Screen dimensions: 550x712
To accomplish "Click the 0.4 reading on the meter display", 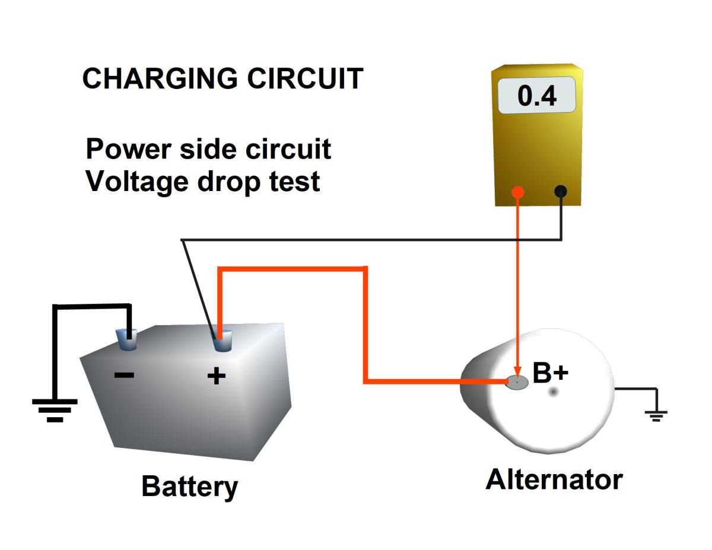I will [537, 96].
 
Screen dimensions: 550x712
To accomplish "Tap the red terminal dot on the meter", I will [518, 192].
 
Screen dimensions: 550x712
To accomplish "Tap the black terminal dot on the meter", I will [560, 191].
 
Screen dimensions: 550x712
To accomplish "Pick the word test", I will [295, 180].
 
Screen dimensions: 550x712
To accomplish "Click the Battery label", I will [189, 487].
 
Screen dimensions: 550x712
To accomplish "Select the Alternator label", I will [554, 479].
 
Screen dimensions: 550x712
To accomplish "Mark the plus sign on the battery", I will [217, 376].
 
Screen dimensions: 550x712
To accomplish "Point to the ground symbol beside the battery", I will [55, 410].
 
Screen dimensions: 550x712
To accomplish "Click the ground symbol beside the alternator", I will [656, 415].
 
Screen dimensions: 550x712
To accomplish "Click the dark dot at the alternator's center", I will [554, 392].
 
